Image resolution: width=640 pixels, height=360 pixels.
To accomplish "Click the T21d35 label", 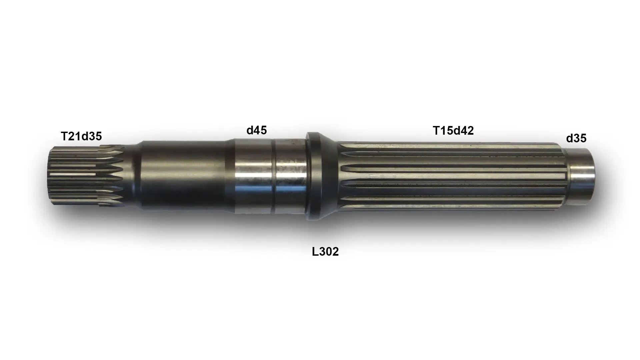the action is click(81, 136).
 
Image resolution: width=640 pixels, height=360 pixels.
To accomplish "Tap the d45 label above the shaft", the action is click(257, 130).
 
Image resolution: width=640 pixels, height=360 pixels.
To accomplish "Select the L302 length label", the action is click(325, 252).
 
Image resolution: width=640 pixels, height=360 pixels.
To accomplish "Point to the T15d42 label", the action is click(453, 131).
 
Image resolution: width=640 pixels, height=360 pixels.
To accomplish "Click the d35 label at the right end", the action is click(576, 138).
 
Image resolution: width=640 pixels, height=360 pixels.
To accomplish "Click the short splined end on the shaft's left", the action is click(88, 176).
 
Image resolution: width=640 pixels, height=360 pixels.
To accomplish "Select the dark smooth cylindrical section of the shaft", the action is click(183, 176).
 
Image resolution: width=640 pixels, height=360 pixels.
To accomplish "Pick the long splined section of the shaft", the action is click(452, 176).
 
